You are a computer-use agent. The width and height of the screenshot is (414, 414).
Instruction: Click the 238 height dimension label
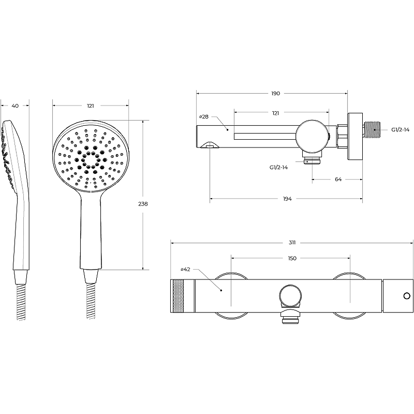tap(143, 204)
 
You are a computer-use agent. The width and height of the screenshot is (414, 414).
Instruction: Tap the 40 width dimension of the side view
tap(16, 106)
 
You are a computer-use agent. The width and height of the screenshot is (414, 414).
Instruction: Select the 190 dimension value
tap(275, 94)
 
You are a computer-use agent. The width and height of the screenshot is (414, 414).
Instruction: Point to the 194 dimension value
tap(287, 199)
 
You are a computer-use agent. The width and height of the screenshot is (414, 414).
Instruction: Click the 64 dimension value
tap(338, 179)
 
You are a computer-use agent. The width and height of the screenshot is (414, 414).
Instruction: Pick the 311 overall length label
tap(292, 243)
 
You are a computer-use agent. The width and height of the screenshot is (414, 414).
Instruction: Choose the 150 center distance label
tap(292, 258)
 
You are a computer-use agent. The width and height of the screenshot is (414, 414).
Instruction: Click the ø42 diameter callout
tap(185, 269)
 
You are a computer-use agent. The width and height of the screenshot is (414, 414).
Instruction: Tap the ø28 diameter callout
tap(203, 116)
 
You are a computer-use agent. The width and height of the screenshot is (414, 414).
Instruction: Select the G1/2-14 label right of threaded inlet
tap(400, 130)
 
